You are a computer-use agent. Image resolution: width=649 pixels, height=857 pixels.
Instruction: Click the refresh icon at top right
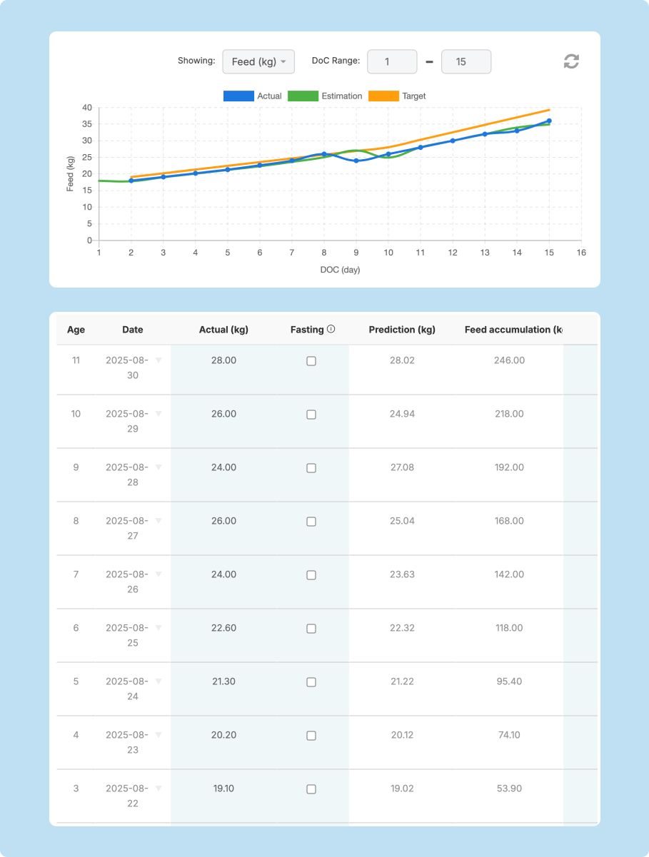(571, 61)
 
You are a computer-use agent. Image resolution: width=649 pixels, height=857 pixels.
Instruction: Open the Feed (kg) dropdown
(258, 62)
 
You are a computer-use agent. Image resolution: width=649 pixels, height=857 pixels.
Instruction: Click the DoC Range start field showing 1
(392, 62)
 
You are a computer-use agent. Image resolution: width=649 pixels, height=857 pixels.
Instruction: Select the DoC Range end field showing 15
(466, 62)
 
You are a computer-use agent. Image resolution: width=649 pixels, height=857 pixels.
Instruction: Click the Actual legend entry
(253, 96)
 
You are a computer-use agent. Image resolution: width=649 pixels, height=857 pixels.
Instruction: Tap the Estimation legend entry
(325, 96)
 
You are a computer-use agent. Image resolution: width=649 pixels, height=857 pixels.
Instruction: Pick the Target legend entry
(397, 96)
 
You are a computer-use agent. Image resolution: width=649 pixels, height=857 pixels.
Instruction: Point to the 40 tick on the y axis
(86, 108)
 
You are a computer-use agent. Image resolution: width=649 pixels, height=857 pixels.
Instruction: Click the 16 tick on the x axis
(581, 253)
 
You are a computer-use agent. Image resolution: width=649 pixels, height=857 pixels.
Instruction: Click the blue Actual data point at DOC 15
(549, 121)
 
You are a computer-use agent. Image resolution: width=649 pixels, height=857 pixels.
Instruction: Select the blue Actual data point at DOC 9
(356, 161)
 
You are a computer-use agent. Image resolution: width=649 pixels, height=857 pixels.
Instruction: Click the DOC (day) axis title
(340, 270)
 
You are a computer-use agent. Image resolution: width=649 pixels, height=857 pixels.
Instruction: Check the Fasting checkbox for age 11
(311, 361)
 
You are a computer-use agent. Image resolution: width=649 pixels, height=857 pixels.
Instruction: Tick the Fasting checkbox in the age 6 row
(311, 629)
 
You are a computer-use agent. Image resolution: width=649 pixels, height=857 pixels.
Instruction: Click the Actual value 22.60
(223, 628)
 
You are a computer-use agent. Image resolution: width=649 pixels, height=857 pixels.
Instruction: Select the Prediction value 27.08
(402, 467)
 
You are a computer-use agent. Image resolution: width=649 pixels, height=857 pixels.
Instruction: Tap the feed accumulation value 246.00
(509, 360)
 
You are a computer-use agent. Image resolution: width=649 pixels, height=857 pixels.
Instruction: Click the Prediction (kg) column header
(402, 330)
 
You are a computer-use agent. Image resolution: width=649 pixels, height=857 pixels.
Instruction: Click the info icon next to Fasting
(331, 329)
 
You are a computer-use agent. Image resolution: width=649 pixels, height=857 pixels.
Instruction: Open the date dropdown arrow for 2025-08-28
(159, 467)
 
